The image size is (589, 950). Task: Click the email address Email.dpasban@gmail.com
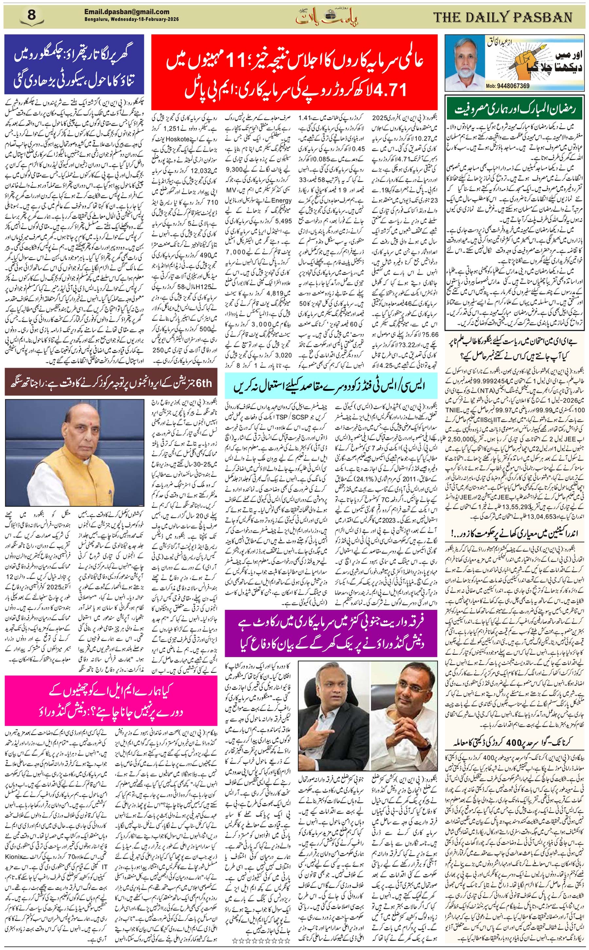pyautogui.click(x=127, y=12)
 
